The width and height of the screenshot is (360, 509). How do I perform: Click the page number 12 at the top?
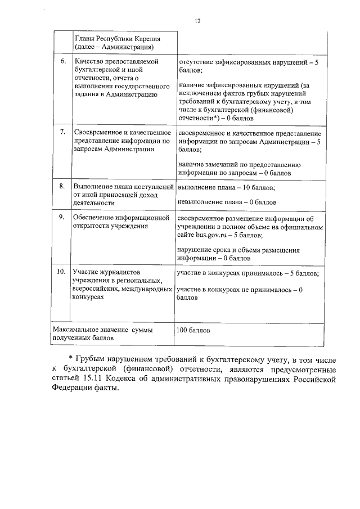(197, 21)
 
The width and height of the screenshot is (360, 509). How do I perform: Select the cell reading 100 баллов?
(193, 330)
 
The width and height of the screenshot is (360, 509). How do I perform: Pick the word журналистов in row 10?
(114, 272)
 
